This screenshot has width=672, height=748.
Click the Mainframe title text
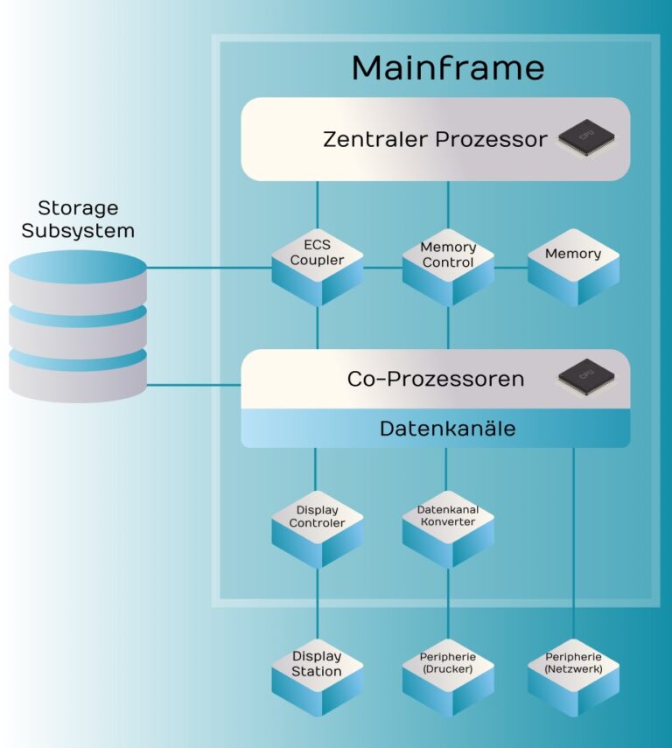pos(447,67)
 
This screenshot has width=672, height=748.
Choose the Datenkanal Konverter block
pos(448,519)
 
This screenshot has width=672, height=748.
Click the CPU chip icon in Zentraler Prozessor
pos(585,136)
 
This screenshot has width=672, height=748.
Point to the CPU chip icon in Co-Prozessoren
pos(585,377)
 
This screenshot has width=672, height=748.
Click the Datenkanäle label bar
pos(436,429)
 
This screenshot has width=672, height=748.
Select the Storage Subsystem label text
pos(78,220)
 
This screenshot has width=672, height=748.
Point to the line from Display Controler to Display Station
pos(317,604)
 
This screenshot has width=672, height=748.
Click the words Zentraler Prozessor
pos(435,139)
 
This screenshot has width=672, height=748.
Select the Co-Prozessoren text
pos(435,379)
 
